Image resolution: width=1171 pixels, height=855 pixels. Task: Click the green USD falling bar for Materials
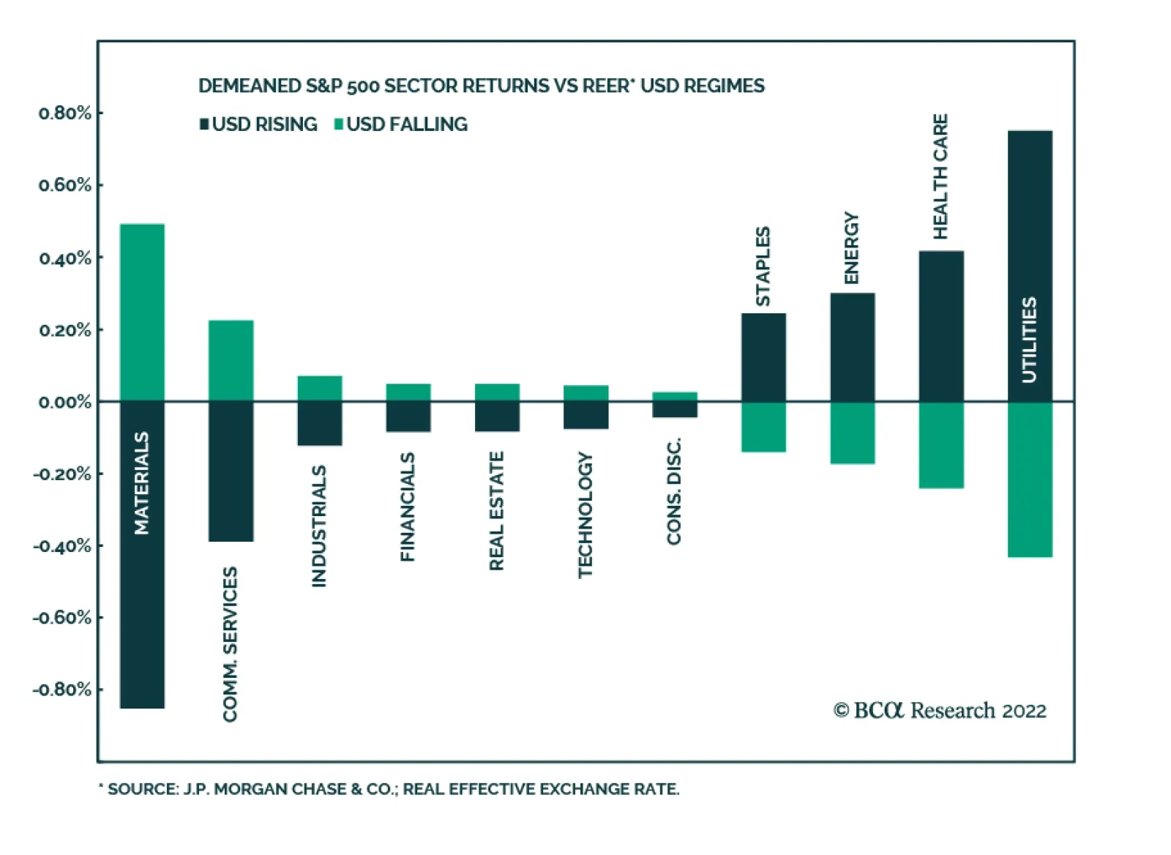pos(142,313)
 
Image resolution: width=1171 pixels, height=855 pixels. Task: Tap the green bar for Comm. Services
pos(231,360)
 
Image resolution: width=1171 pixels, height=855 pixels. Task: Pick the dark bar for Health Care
pos(941,326)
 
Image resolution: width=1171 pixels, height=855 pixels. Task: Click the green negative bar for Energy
pos(853,433)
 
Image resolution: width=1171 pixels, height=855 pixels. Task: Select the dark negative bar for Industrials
pos(320,424)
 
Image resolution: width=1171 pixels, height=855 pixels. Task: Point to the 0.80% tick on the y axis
pos(65,113)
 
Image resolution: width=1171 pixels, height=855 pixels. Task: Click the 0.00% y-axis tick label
pos(65,402)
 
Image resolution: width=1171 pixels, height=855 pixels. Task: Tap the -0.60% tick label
pos(62,618)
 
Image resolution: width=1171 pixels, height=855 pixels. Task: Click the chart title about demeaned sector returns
pos(481,86)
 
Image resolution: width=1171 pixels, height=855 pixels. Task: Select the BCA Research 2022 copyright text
pos(940,710)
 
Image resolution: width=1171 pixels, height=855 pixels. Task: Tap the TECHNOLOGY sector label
pos(585,515)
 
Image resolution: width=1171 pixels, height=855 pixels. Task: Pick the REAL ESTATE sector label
pos(497,511)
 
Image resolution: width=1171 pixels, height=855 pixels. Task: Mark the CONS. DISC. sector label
pos(674,490)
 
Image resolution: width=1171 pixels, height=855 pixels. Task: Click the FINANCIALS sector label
pos(408,507)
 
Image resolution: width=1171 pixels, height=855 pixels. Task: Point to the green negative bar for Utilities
pos(1030,479)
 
